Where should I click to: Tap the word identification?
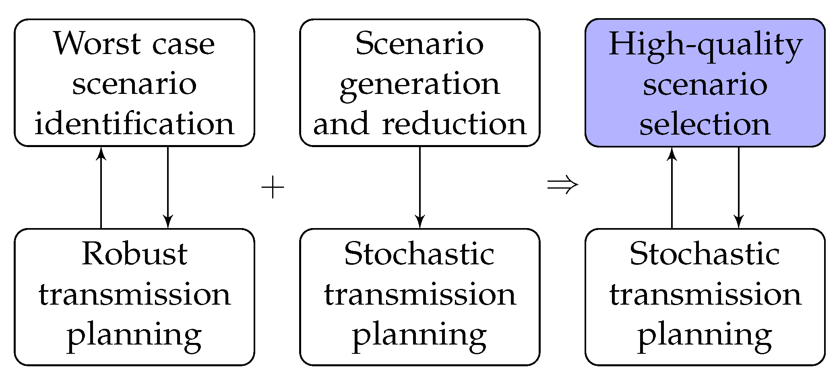coord(134,124)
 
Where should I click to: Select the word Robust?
coord(134,255)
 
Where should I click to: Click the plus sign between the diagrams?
coord(273,188)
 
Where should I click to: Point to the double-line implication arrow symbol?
coord(562,185)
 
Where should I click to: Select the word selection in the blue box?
coord(705,124)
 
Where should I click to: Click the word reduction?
coord(454,124)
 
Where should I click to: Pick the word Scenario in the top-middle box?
coord(419,44)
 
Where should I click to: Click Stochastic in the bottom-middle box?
coord(419,255)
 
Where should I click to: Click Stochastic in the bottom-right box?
coord(705,255)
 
